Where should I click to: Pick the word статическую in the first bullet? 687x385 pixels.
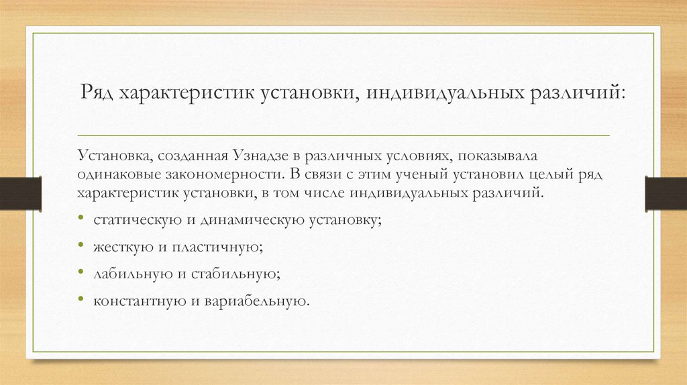[x=129, y=220]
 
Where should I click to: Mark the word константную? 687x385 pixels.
[x=136, y=300]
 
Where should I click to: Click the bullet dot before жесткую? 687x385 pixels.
[x=81, y=246]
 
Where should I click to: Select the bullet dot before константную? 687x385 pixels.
[x=81, y=300]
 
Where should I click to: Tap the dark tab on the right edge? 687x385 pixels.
[x=666, y=193]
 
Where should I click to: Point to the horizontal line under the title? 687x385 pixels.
[x=343, y=135]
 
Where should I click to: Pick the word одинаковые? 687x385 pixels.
[x=112, y=175]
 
